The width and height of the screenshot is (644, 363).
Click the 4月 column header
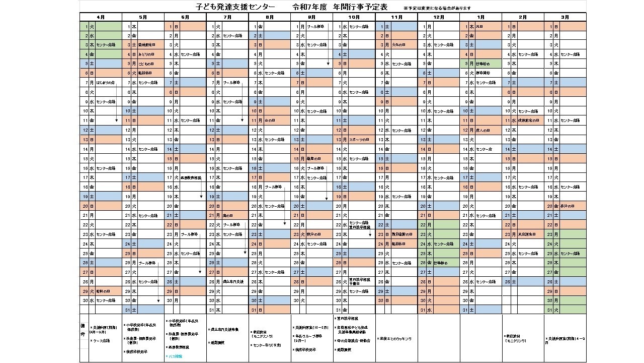(101, 17)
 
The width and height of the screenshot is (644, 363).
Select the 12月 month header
(438, 17)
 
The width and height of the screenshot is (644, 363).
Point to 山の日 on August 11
(270, 120)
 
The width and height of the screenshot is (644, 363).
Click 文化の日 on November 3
(398, 45)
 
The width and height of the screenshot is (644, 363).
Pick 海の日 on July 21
(228, 215)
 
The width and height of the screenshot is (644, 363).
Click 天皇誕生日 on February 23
(527, 234)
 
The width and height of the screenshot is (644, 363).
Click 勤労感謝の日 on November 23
(402, 234)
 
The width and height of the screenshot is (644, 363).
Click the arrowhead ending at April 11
(117, 120)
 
